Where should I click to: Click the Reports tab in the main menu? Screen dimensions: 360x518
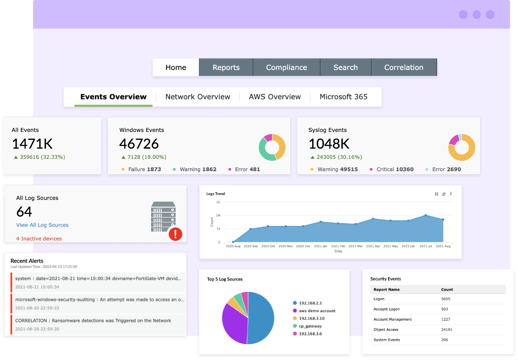click(226, 67)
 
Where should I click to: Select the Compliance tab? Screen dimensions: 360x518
click(286, 67)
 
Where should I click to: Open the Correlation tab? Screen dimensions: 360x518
click(404, 67)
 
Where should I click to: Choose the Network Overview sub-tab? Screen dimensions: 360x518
click(197, 97)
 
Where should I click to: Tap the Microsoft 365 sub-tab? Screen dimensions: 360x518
click(343, 97)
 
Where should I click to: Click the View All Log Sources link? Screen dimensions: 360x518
click(42, 225)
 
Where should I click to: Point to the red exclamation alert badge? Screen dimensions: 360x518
click(175, 234)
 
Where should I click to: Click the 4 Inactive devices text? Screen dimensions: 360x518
click(39, 239)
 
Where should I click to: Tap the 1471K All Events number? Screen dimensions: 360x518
click(32, 144)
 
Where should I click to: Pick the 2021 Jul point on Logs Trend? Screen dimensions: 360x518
click(426, 215)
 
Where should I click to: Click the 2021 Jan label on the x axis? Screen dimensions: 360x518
click(321, 246)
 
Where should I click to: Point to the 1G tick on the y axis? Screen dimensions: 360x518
click(218, 202)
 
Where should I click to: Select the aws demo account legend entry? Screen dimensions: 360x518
click(317, 311)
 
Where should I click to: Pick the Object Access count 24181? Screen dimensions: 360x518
click(446, 330)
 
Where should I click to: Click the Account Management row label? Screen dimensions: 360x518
click(393, 319)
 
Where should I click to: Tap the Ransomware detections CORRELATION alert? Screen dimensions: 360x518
click(93, 321)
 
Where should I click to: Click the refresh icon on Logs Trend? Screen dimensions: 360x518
click(444, 194)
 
